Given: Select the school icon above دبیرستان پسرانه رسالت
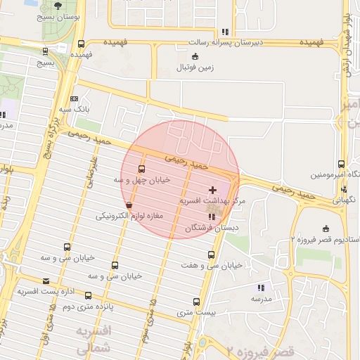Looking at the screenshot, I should click(225, 32).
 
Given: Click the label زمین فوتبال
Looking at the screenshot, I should click(195, 69).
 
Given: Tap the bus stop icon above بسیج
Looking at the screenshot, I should click(46, 51).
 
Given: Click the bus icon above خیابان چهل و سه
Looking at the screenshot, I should click(142, 169).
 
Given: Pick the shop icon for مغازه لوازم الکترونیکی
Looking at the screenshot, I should click(128, 205).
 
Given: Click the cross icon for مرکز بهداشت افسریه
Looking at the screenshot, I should click(213, 191).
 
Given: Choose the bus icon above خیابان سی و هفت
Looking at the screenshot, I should click(212, 255).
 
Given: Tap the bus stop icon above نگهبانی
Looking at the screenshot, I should click(344, 188).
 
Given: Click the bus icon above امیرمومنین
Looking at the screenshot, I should click(341, 163).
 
